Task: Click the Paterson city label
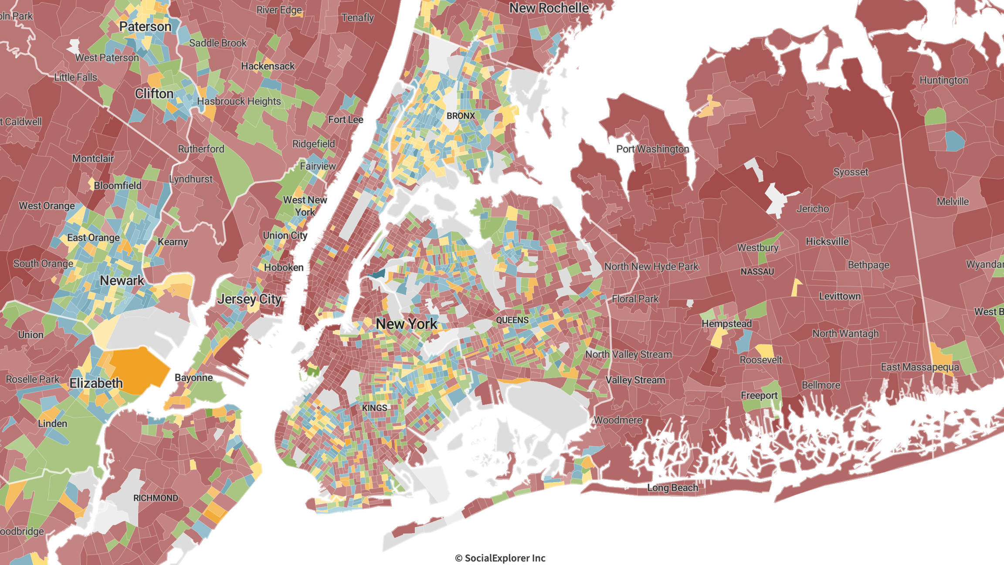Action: [x=145, y=27]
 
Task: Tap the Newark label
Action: [x=122, y=280]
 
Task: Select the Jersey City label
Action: [x=250, y=299]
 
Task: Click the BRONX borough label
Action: [x=461, y=116]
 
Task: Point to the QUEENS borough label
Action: [x=512, y=320]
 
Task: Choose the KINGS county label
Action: [x=374, y=408]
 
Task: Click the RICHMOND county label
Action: [x=156, y=498]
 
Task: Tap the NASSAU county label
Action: [x=757, y=272]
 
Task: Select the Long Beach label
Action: [x=672, y=488]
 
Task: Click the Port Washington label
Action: [x=652, y=149]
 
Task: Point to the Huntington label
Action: [x=943, y=80]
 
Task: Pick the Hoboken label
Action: [x=284, y=267]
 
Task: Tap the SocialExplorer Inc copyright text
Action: [x=500, y=558]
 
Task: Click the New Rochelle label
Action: [x=549, y=8]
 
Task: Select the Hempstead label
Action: [x=726, y=323]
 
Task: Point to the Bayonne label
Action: [x=193, y=378]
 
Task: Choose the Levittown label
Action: [x=840, y=296]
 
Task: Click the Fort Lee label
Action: [x=346, y=119]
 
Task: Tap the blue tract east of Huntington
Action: [x=955, y=141]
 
